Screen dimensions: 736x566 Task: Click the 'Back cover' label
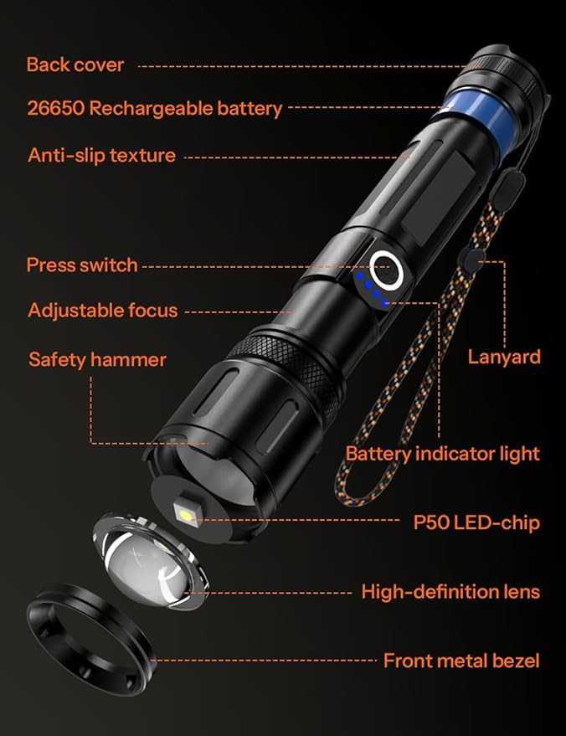[75, 64]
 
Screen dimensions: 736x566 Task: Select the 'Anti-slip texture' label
[101, 155]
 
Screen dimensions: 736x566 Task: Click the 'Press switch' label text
[82, 265]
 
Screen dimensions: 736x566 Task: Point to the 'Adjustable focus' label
[103, 311]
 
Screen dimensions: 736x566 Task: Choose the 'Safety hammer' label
[97, 360]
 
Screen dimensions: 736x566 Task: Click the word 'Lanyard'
[504, 358]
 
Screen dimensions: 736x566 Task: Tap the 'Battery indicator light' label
[443, 454]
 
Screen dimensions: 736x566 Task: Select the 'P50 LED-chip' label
[476, 523]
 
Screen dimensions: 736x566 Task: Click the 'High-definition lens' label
[450, 592]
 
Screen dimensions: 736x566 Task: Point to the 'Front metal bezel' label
[461, 661]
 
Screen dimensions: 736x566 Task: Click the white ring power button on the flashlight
[388, 269]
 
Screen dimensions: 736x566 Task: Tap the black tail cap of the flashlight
[512, 71]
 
